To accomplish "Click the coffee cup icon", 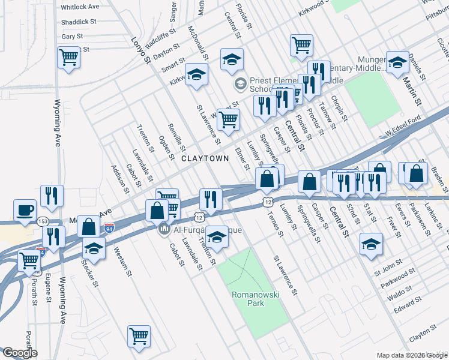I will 25,211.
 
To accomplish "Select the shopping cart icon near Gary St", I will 69,58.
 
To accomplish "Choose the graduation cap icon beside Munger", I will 397,62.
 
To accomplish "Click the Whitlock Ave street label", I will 80,7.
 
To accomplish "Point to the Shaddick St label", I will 79,22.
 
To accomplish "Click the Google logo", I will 19,353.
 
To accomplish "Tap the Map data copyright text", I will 402,355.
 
